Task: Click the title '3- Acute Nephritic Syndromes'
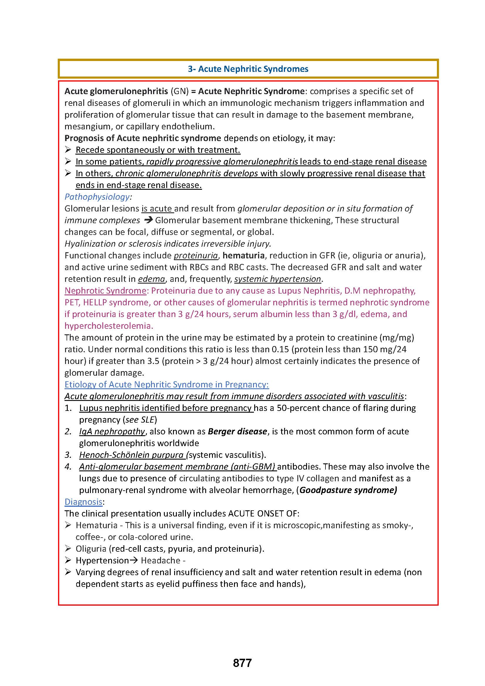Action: [248, 69]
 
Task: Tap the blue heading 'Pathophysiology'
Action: [97, 197]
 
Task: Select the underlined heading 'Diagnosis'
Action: [83, 502]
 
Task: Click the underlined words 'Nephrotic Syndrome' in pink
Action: [105, 291]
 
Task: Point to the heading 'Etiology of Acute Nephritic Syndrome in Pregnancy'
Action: [166, 385]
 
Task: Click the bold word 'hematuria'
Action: [243, 255]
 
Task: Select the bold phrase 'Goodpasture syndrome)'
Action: [348, 490]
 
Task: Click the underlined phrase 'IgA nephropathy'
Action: [112, 431]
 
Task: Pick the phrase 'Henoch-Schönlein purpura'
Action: [131, 455]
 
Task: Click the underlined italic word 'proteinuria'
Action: [196, 255]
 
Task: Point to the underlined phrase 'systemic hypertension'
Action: [277, 279]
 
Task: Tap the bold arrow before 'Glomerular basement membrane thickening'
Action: [148, 221]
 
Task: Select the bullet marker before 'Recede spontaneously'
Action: [68, 150]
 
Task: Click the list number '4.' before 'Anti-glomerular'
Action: [68, 467]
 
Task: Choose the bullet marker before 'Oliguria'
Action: [68, 548]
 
